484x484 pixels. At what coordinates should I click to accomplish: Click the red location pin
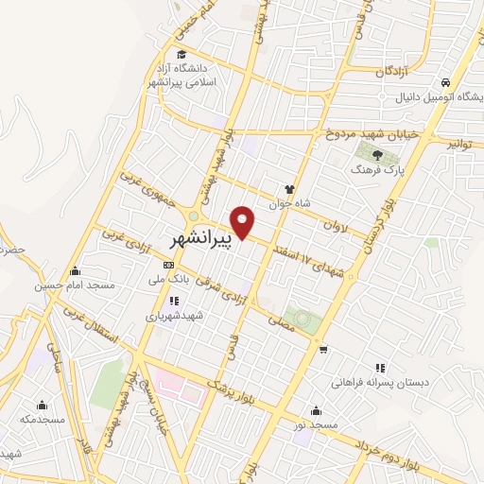coord(245,223)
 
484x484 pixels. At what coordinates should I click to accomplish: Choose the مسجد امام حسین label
coord(75,285)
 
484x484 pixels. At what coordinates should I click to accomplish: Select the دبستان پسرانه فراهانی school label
coord(377,384)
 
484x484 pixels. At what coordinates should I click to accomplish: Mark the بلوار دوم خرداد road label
coord(388,453)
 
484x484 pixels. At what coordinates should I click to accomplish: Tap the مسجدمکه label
coord(44,417)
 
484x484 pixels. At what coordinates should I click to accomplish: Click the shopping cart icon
coord(324,351)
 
